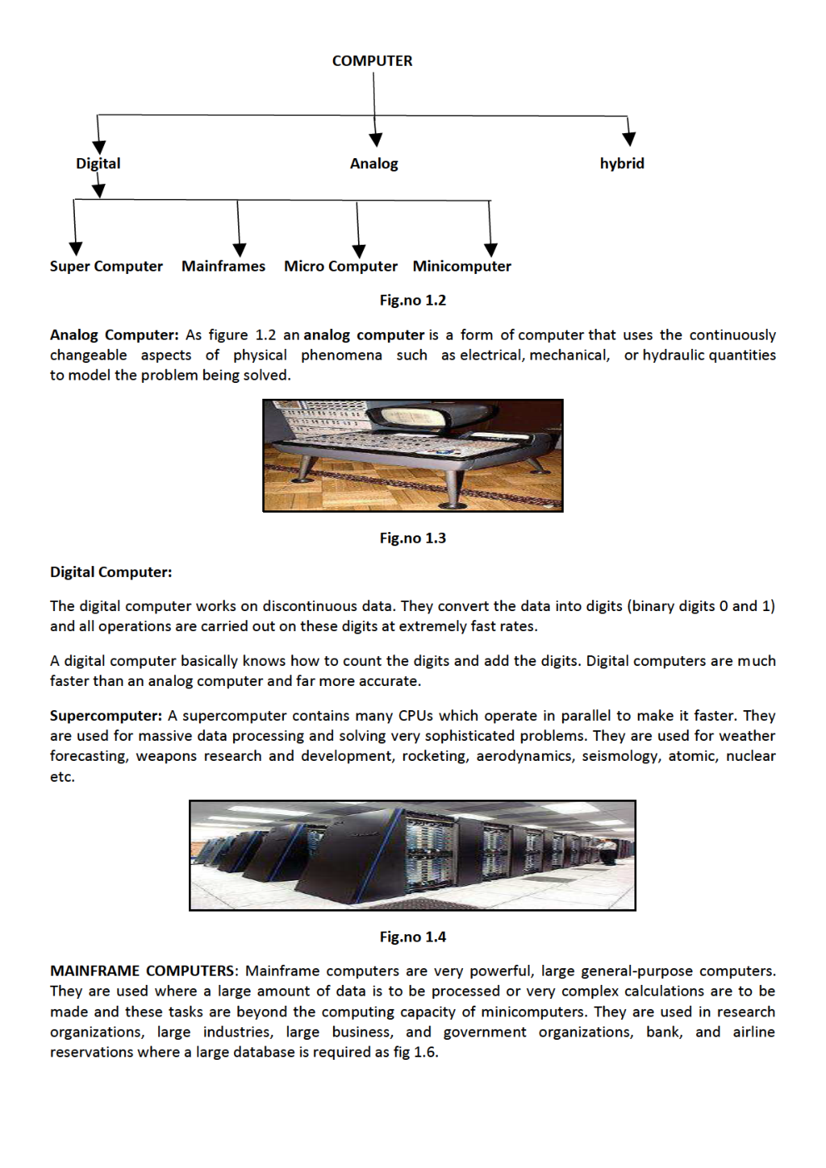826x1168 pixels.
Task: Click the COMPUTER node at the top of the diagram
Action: coord(371,61)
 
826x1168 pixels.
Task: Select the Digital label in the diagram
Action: coord(98,163)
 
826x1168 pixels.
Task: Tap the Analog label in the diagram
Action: coord(374,163)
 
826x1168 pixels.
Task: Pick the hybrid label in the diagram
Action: coord(622,163)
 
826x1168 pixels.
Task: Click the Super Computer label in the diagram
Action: coord(106,266)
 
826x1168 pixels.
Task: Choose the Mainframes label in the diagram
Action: coord(223,266)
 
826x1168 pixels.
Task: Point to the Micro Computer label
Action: coord(341,266)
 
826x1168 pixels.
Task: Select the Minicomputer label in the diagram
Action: coord(461,266)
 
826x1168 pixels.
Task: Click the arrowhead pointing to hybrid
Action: coord(629,138)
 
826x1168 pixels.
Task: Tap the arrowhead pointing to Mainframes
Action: coord(240,250)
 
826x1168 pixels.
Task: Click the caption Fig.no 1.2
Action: coord(412,301)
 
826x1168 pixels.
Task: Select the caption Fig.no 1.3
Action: coord(412,539)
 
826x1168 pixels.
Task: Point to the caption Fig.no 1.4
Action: coord(412,937)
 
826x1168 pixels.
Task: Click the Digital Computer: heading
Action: coord(111,573)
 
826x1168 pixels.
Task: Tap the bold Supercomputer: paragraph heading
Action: coord(106,716)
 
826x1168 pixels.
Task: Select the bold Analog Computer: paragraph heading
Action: coord(114,335)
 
